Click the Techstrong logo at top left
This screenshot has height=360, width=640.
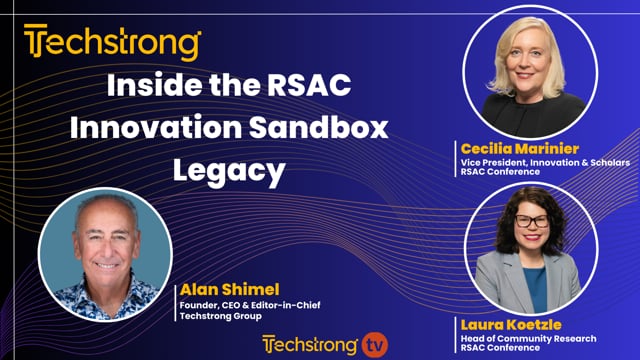[x=113, y=44]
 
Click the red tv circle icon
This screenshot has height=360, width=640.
[x=373, y=344]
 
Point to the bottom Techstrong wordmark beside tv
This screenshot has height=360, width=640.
[x=310, y=344]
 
